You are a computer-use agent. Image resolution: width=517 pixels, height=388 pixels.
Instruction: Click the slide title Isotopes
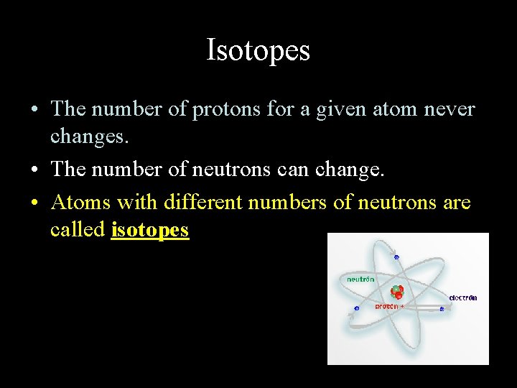(258, 50)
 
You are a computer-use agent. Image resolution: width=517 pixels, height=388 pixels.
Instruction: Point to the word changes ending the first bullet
(90, 136)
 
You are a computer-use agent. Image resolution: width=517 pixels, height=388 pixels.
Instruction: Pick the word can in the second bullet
(292, 170)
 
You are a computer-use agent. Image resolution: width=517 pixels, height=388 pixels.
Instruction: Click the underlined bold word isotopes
(150, 230)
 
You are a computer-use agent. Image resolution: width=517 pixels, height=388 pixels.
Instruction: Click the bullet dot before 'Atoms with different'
(34, 203)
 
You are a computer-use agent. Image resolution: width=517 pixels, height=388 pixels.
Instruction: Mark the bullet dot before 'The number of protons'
(34, 110)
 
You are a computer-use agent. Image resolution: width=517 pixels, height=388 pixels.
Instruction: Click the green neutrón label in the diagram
(360, 279)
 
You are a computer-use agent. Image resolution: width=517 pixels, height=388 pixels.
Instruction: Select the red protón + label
(389, 307)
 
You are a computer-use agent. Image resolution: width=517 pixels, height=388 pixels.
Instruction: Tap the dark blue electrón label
(463, 297)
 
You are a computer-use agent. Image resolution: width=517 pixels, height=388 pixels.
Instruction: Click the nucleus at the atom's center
(397, 292)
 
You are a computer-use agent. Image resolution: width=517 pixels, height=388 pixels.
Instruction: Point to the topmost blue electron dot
(396, 255)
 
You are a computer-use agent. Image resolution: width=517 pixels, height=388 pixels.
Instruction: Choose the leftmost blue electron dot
(357, 309)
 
